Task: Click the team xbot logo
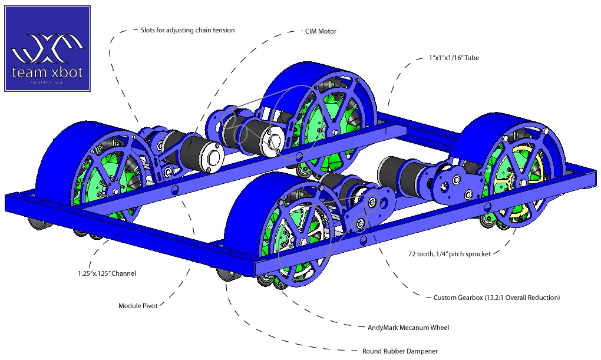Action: coord(48,49)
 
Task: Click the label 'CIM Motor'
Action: coord(321,31)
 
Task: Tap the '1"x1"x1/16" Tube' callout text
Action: coord(455,58)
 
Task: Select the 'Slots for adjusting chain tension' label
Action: coord(187,30)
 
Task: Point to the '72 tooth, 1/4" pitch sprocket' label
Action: coord(450,254)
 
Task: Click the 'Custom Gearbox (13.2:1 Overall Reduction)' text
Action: coord(496,298)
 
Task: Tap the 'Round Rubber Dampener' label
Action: coord(400,351)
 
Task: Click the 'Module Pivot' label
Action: coord(138,306)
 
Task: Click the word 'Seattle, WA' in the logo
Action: coord(48,82)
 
